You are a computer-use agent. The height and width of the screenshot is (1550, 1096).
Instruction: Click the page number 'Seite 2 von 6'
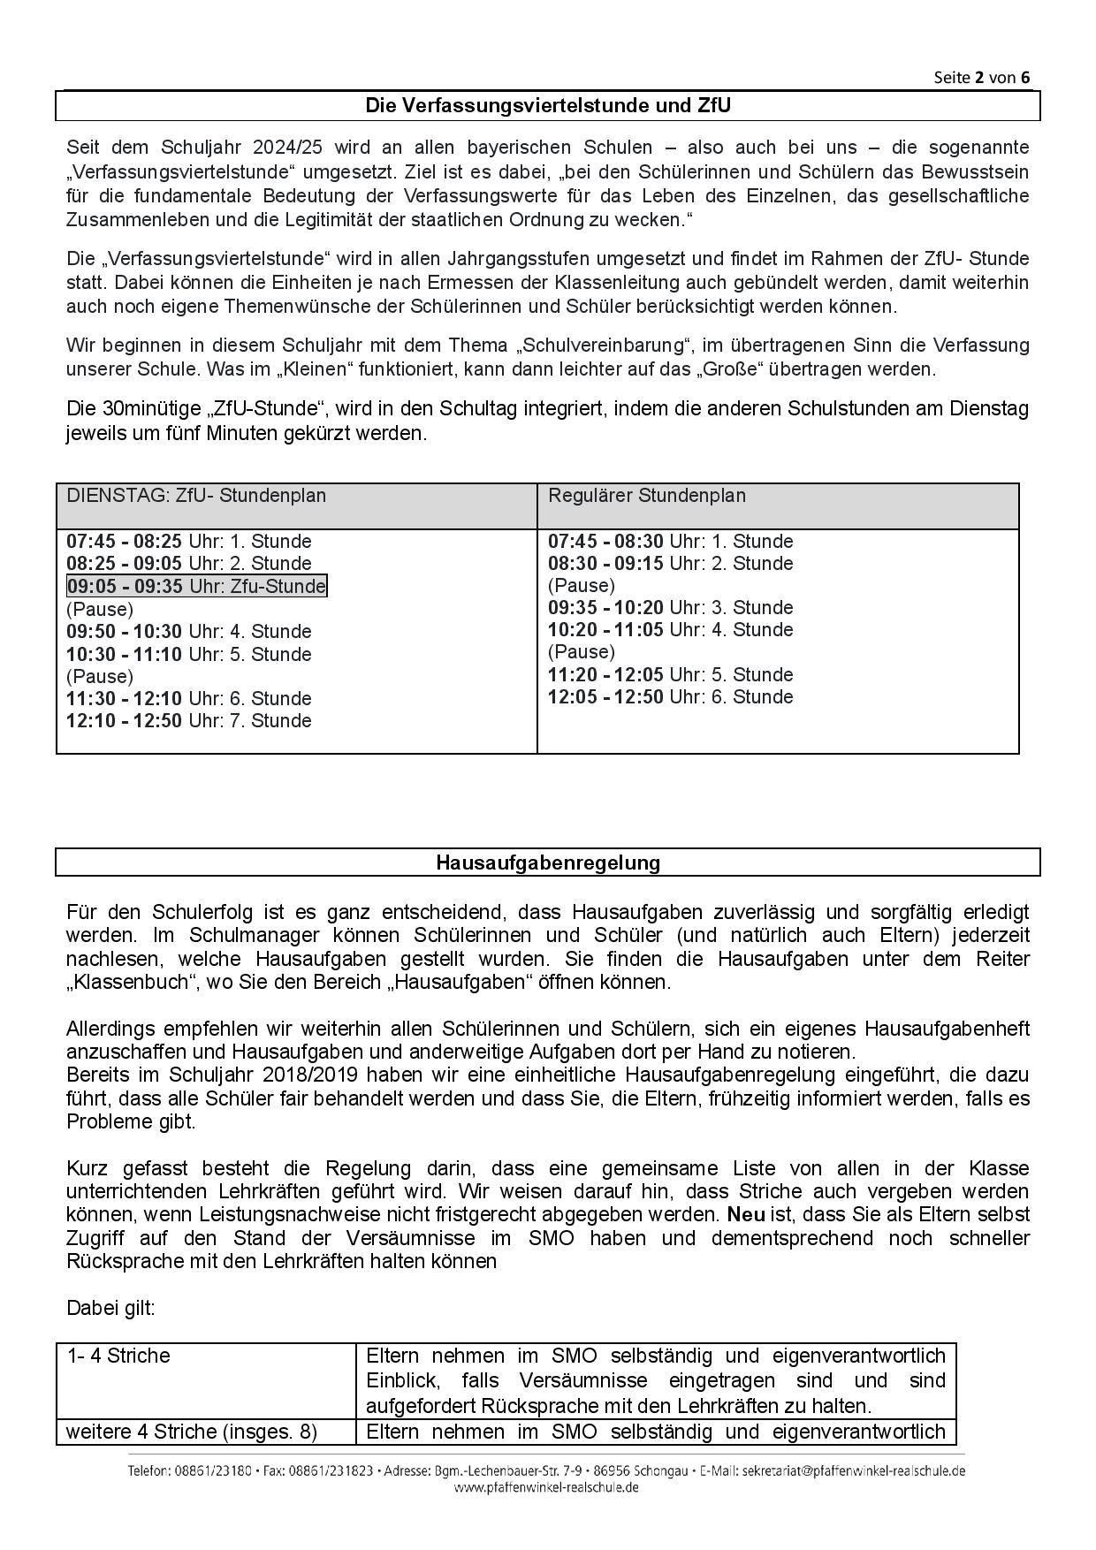click(x=981, y=77)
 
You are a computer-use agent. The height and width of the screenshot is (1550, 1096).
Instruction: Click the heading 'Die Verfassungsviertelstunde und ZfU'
click(x=548, y=106)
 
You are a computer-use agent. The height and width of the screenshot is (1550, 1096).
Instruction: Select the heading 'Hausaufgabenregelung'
click(x=548, y=862)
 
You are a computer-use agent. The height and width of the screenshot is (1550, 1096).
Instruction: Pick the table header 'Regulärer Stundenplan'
click(x=647, y=496)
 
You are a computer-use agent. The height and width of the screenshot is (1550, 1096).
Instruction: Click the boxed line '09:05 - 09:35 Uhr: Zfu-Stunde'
click(x=196, y=586)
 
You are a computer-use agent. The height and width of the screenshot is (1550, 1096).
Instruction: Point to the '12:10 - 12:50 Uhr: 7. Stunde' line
click(x=189, y=721)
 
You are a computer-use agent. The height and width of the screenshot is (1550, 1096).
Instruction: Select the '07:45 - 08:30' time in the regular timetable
click(x=605, y=542)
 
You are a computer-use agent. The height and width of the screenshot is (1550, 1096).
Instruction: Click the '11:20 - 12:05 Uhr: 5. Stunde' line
click(x=670, y=675)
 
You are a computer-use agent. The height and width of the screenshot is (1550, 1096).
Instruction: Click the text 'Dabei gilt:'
click(x=110, y=1308)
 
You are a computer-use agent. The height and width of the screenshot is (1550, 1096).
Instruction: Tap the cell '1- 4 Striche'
click(x=118, y=1356)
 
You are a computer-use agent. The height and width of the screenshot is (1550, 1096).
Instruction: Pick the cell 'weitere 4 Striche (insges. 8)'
click(x=192, y=1432)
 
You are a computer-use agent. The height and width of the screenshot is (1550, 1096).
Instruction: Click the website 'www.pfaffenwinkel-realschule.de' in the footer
click(x=546, y=1487)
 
